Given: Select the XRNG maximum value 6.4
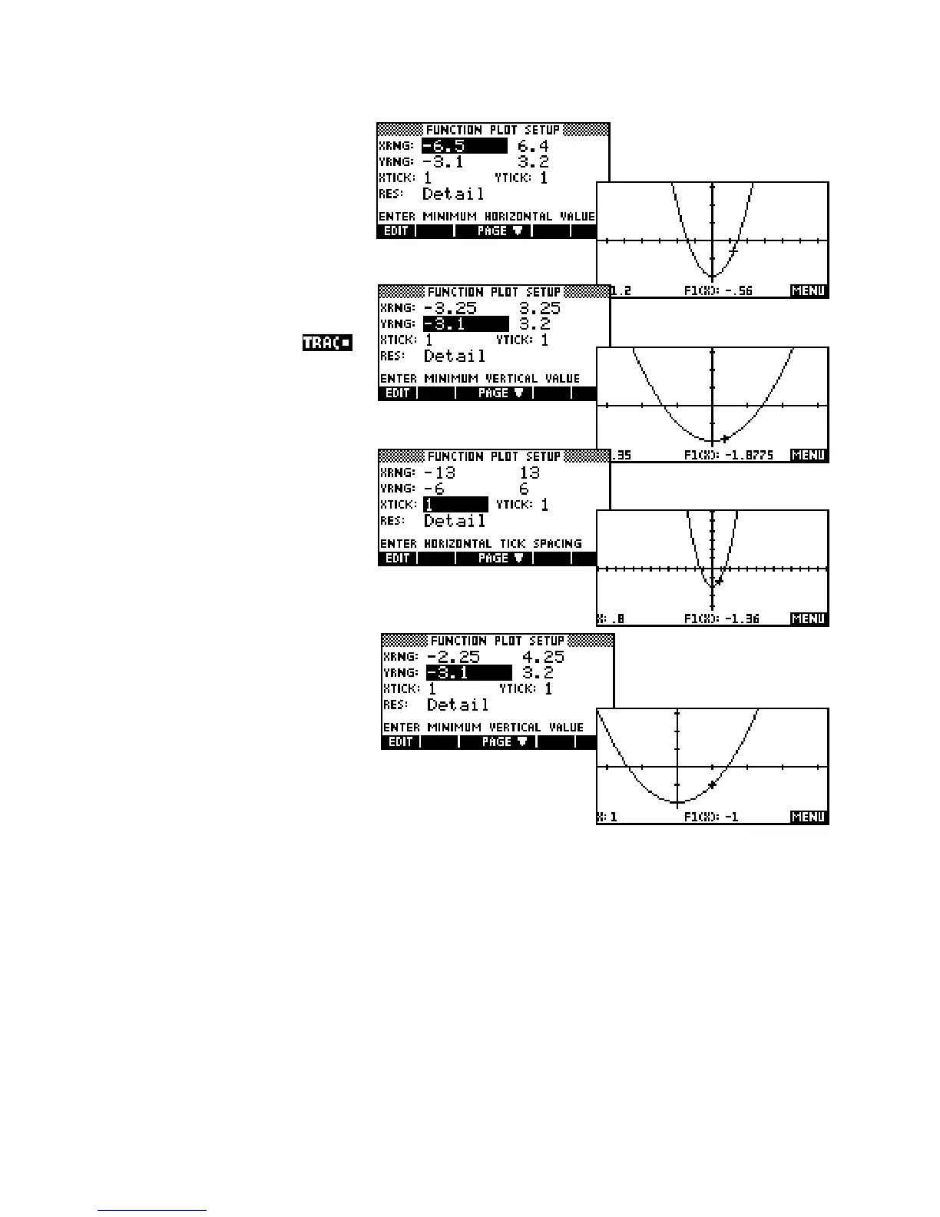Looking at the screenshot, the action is pyautogui.click(x=533, y=146).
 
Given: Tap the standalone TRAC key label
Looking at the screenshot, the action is pyautogui.click(x=326, y=343).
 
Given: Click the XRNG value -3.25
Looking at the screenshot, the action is pyautogui.click(x=450, y=308).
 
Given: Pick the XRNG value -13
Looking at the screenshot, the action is pyautogui.click(x=439, y=473).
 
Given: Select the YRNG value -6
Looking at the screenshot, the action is pyautogui.click(x=435, y=489).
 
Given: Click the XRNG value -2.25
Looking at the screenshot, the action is pyautogui.click(x=453, y=657).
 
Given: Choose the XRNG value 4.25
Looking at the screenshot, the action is pyautogui.click(x=543, y=657).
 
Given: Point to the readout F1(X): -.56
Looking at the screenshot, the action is pyautogui.click(x=718, y=291).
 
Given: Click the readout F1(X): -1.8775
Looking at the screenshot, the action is pyautogui.click(x=728, y=456).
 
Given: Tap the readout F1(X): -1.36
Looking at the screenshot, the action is pyautogui.click(x=721, y=619).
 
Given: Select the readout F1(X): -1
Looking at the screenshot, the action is pyautogui.click(x=711, y=817).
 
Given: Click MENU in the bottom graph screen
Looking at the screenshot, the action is pyautogui.click(x=808, y=817).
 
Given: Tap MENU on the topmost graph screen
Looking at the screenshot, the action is pyautogui.click(x=808, y=291).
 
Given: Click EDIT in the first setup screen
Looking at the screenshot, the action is pyautogui.click(x=396, y=230).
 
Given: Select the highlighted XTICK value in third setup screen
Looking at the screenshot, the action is pyautogui.click(x=455, y=505).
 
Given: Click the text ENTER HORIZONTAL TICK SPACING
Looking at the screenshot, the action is pyautogui.click(x=482, y=544).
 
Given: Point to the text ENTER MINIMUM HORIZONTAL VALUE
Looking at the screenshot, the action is pyautogui.click(x=486, y=217).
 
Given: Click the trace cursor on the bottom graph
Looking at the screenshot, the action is pyautogui.click(x=713, y=784).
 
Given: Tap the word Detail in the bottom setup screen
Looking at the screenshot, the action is pyautogui.click(x=458, y=705).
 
